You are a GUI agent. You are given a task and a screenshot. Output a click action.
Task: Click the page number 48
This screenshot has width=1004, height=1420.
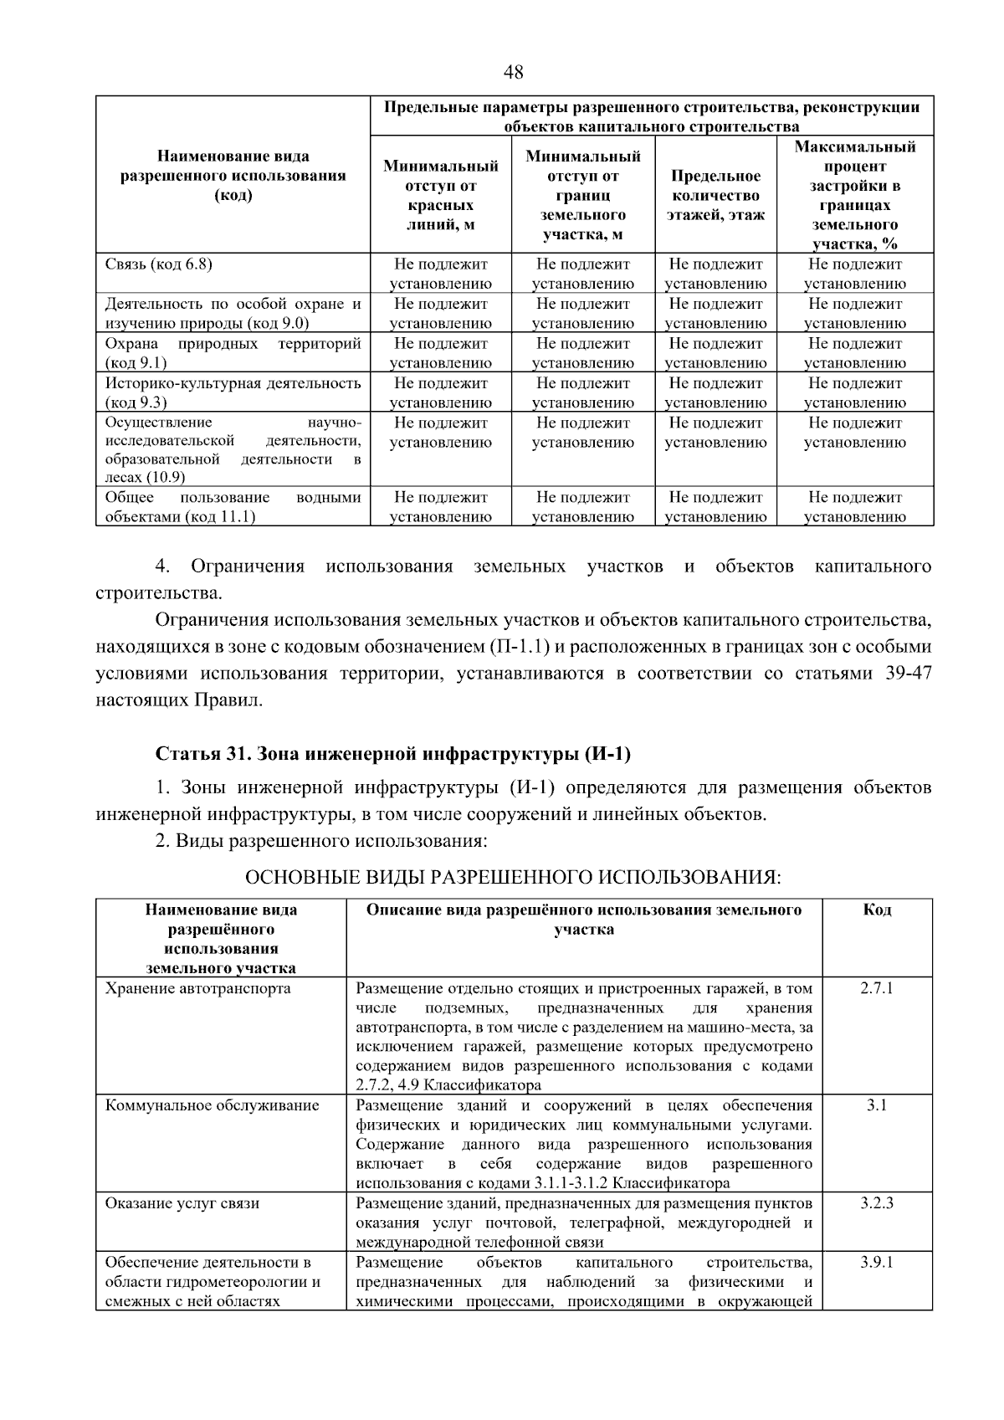513,73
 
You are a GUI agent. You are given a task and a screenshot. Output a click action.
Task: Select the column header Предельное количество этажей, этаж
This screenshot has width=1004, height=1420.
715,196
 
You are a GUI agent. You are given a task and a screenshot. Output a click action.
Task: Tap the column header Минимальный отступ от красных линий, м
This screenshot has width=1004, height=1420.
441,196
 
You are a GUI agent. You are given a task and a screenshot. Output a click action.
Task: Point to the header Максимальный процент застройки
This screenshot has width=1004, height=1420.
855,195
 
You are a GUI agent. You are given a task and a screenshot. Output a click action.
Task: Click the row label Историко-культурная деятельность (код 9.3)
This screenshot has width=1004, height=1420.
233,392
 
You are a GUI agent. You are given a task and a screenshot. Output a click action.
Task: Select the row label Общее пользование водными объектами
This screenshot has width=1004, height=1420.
233,507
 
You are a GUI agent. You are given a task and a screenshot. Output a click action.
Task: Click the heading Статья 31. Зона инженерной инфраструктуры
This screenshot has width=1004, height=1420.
393,754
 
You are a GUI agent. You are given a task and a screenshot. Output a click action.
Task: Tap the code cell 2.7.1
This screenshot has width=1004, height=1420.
877,988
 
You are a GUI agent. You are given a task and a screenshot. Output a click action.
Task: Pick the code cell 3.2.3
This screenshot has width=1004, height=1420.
877,1203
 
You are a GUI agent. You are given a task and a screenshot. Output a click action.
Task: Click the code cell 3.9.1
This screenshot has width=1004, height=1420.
877,1262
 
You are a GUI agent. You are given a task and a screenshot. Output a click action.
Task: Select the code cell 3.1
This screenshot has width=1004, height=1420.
877,1105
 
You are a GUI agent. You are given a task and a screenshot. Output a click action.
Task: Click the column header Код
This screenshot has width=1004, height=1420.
877,910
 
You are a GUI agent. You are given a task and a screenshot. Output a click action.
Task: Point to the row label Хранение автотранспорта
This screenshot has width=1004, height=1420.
198,988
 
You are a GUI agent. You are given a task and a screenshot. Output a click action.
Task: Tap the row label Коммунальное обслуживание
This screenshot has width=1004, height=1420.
212,1105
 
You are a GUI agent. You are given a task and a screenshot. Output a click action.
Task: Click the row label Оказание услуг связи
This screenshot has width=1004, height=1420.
182,1203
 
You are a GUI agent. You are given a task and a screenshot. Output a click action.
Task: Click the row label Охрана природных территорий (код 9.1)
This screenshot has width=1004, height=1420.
233,353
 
